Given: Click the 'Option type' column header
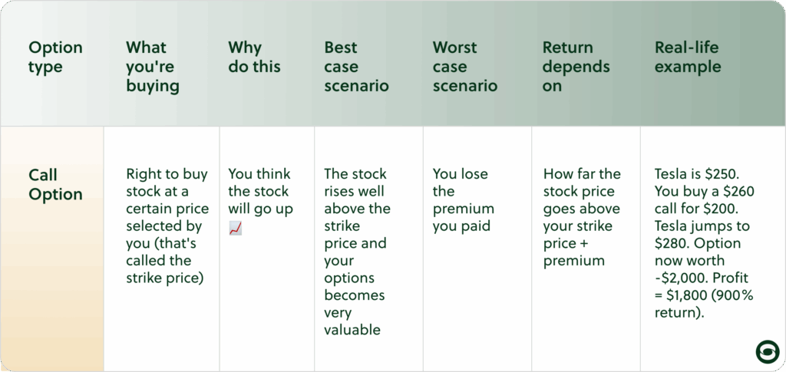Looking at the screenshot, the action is point(55,57).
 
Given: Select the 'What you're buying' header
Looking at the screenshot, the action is point(153,67).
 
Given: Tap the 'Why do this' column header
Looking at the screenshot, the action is point(254,57).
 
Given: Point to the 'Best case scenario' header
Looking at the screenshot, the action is point(356,67).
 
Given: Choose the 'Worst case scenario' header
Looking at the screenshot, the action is point(465,67).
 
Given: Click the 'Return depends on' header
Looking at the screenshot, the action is point(576,67).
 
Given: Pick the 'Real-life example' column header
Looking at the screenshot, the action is point(689,57).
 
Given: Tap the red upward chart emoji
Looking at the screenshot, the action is point(236,229).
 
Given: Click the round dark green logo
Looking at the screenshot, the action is point(768,351).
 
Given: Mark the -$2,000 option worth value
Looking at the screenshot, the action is point(678,278).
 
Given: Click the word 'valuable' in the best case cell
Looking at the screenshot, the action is point(352,330).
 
